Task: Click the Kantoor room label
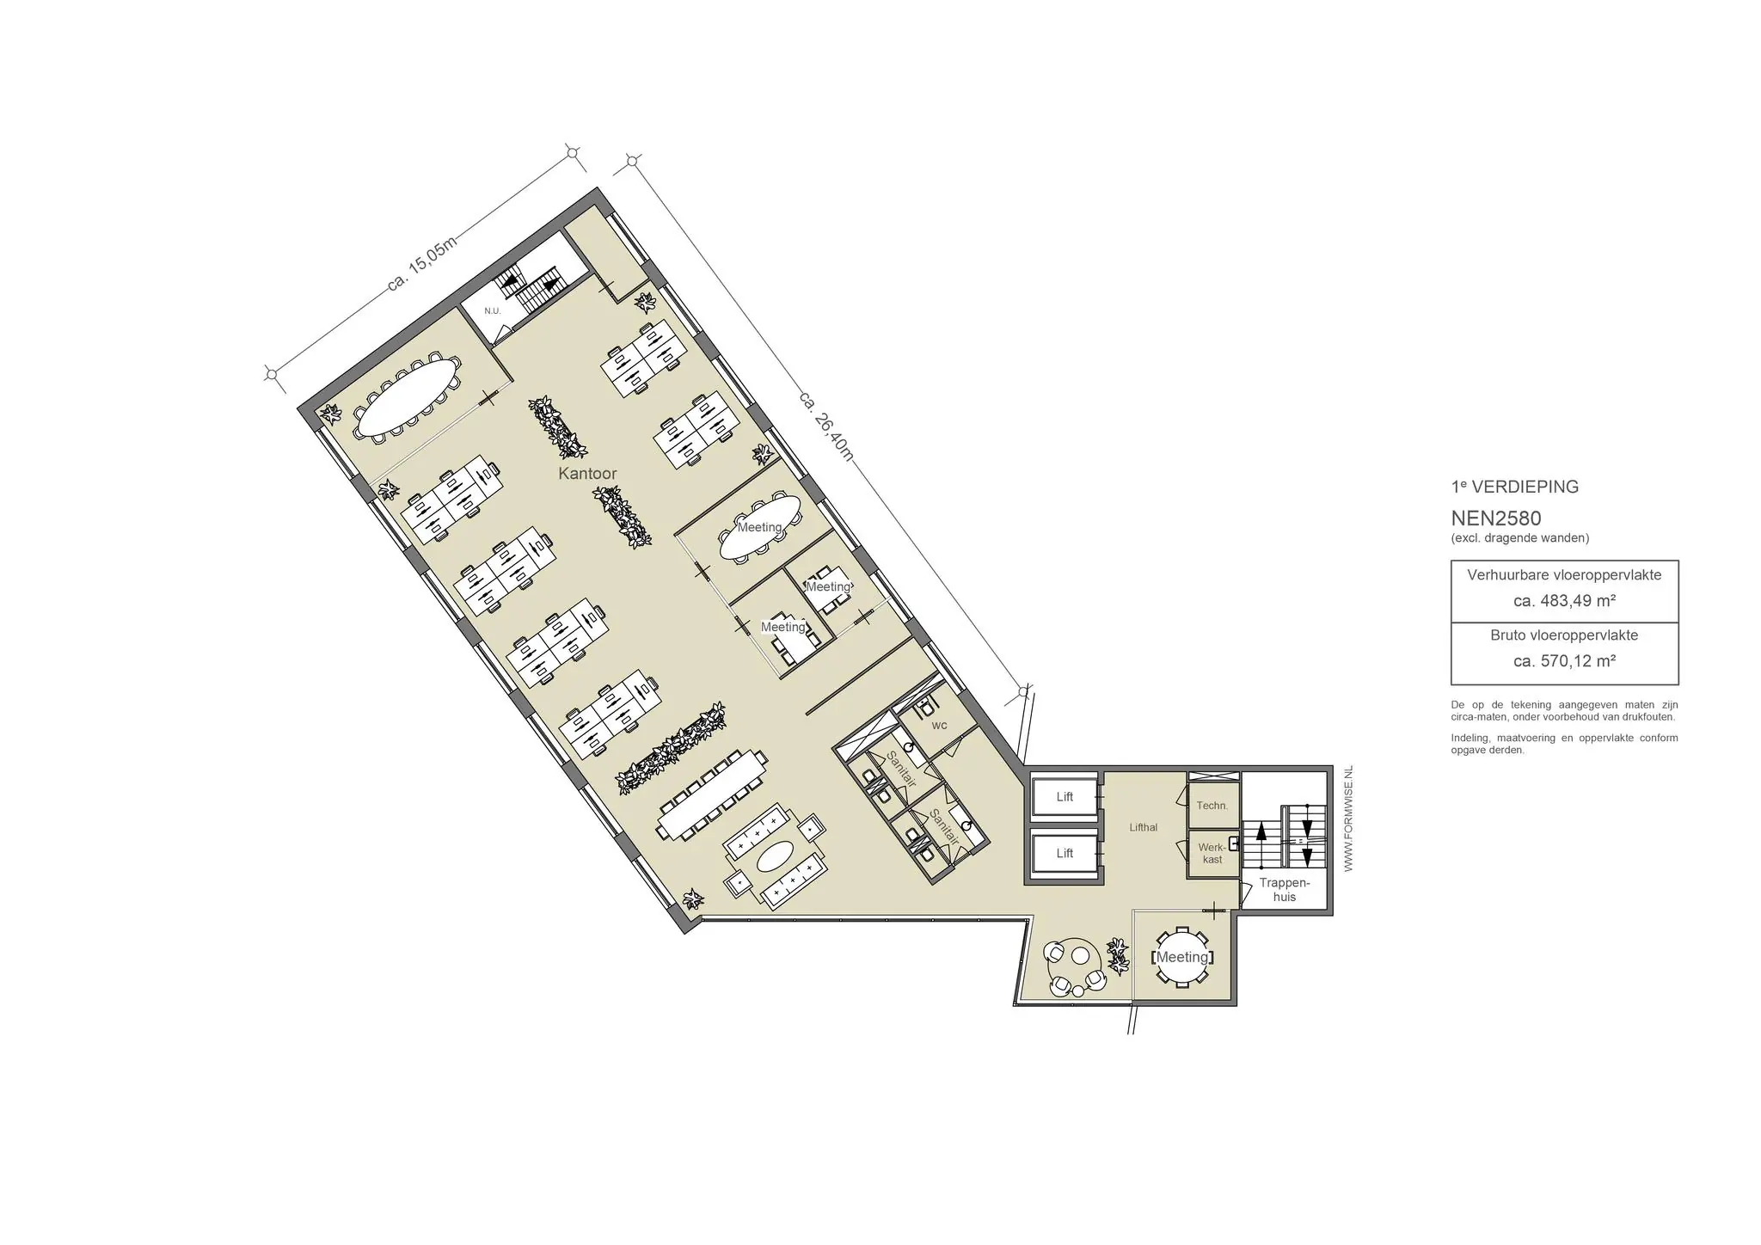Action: pyautogui.click(x=587, y=474)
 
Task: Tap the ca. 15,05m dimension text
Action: pyautogui.click(x=421, y=263)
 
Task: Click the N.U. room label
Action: pyautogui.click(x=492, y=310)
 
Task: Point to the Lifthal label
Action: pyautogui.click(x=1144, y=827)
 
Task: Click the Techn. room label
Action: pyautogui.click(x=1212, y=806)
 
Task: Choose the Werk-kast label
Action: pyautogui.click(x=1212, y=853)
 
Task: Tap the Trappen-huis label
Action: pyautogui.click(x=1284, y=890)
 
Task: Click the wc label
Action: pyautogui.click(x=939, y=726)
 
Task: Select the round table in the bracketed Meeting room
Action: pyautogui.click(x=1181, y=957)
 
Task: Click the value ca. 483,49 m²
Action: pyautogui.click(x=1564, y=601)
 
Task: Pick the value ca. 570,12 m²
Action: pyautogui.click(x=1564, y=661)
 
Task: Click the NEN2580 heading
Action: pyautogui.click(x=1496, y=518)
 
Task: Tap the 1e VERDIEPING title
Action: pyautogui.click(x=1515, y=487)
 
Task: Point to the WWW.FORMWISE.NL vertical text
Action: pyautogui.click(x=1348, y=819)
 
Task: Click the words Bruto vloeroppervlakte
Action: pyautogui.click(x=1564, y=635)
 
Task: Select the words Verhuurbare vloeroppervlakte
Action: pyautogui.click(x=1564, y=575)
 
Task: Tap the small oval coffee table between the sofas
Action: pyautogui.click(x=776, y=856)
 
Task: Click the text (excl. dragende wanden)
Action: pyautogui.click(x=1519, y=538)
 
